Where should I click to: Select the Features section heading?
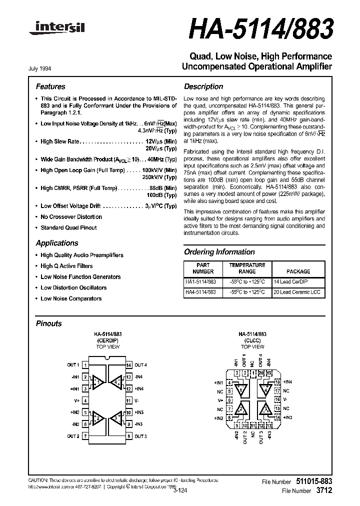(x=50, y=86)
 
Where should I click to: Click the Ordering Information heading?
(x=219, y=252)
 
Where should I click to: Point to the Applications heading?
(x=57, y=243)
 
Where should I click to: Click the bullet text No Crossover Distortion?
(x=71, y=217)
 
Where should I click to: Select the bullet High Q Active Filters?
(x=66, y=266)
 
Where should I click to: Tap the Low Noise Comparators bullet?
(x=71, y=298)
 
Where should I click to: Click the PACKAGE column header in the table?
(x=298, y=271)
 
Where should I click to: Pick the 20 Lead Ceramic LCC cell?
(x=298, y=292)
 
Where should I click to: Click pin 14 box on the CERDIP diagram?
(x=128, y=365)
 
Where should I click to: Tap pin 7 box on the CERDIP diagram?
(x=85, y=436)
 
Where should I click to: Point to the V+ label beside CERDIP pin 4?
(x=77, y=401)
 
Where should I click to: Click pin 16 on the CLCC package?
(x=276, y=400)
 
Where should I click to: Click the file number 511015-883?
(x=311, y=481)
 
